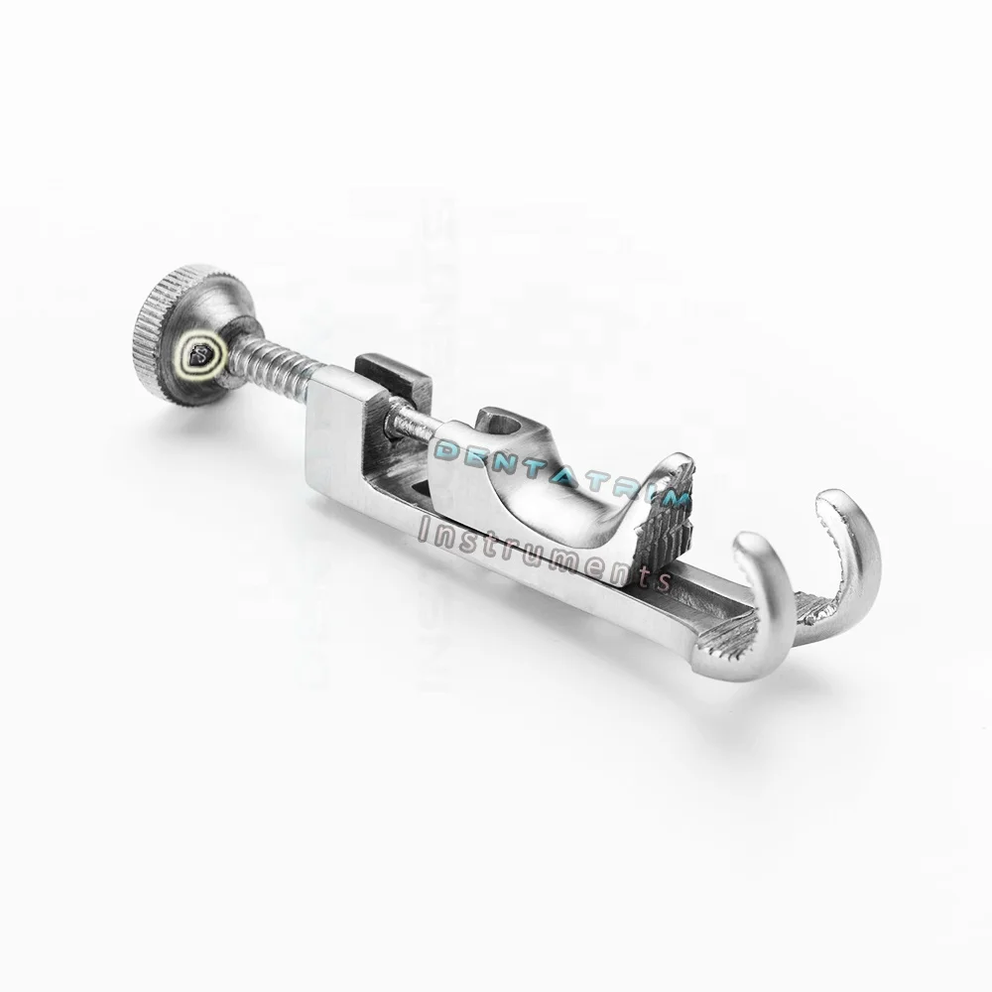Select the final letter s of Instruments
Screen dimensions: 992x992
click(x=662, y=579)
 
